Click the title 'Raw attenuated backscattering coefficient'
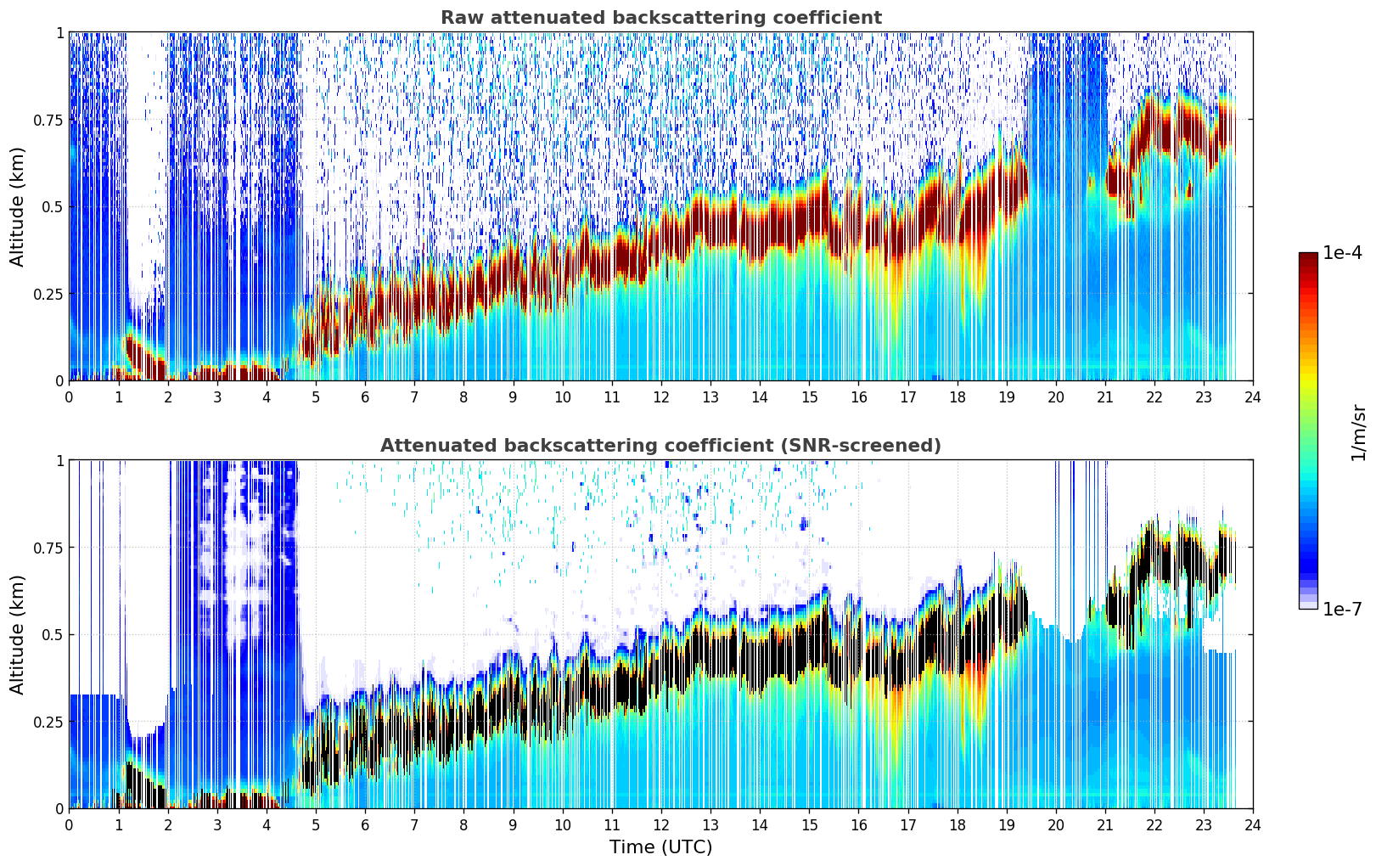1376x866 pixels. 661,17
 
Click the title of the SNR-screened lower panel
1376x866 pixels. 661,445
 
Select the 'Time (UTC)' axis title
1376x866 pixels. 661,847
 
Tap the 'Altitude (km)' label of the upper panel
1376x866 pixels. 17,206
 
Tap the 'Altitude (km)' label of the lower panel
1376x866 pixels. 17,634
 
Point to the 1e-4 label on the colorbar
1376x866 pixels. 1342,252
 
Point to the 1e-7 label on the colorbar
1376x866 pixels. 1342,609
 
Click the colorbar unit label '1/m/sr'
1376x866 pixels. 1358,432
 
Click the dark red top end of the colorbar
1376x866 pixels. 1308,256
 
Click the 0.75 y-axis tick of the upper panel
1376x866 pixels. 48,120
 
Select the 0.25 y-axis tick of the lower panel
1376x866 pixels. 48,722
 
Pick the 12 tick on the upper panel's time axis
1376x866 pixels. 661,397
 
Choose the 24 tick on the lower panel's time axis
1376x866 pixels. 1253,825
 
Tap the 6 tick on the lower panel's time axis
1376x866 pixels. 365,825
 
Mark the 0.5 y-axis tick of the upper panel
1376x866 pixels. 52,207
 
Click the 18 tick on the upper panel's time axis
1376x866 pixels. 957,397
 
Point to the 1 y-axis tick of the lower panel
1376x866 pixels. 60,461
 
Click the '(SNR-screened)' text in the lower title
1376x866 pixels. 862,445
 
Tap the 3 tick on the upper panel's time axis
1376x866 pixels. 216,397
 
